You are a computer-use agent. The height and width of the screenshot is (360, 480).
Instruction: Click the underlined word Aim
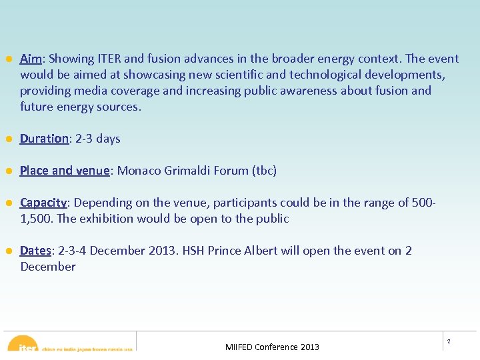coord(31,59)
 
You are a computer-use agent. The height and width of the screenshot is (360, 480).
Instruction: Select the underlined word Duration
coord(44,139)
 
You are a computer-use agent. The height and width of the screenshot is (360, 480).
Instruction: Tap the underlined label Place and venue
coord(65,171)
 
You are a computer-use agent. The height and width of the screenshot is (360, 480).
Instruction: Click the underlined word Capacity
coord(43,203)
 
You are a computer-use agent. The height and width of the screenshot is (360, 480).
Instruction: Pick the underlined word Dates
coord(35,251)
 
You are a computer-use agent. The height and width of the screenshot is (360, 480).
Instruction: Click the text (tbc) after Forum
coord(264,171)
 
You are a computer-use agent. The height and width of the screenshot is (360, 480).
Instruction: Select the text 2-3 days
coord(97,139)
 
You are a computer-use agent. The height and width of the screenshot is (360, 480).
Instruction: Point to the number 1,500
coord(37,219)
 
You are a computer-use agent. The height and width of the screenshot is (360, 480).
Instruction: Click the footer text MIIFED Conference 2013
coord(272,347)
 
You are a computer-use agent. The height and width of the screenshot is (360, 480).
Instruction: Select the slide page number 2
coord(449,341)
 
